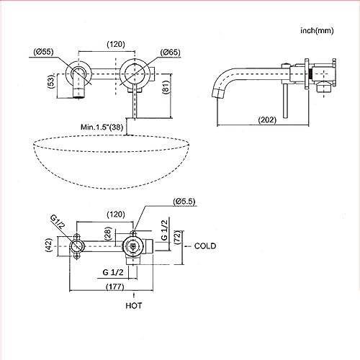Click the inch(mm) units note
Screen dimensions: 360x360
coord(317,31)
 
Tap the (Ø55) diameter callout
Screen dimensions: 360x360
coord(43,52)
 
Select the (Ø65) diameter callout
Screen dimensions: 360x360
coord(170,53)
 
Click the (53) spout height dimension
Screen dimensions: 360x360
coord(51,81)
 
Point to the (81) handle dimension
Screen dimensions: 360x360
coord(166,87)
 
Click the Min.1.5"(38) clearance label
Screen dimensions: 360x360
coord(102,127)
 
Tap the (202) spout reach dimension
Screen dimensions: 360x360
coord(267,120)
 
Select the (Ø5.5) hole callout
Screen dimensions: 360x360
coord(184,202)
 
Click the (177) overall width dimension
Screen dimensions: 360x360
coord(115,287)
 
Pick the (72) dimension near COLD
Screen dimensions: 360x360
coord(177,238)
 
